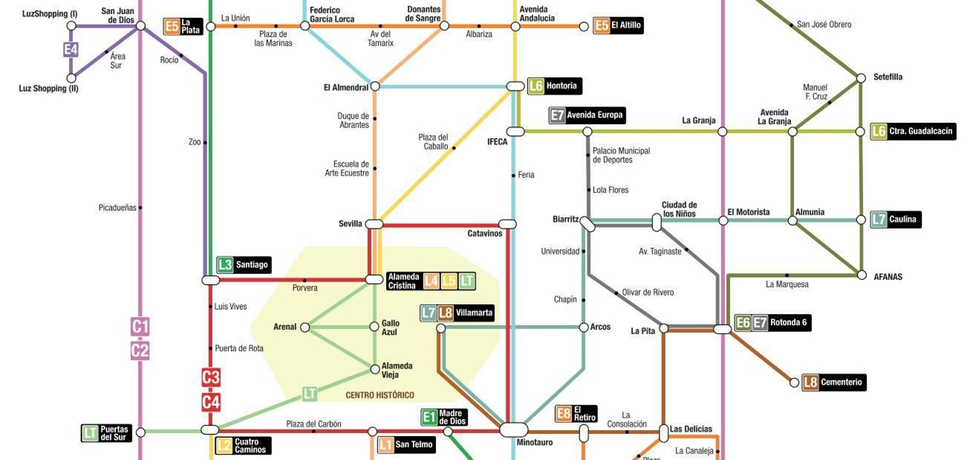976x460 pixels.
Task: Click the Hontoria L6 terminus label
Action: [x=554, y=86]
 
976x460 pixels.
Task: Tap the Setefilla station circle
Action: [x=861, y=78]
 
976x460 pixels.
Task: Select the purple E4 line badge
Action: [x=71, y=49]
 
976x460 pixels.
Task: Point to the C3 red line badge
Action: [x=210, y=377]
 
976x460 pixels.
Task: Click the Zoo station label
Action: [x=194, y=142]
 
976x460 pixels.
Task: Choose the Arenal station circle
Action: [x=305, y=327]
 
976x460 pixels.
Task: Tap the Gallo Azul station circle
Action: [x=375, y=327]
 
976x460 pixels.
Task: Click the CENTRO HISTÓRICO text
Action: [x=379, y=395]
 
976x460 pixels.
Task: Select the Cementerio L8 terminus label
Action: [x=834, y=382]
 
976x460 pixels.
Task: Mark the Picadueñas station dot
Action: [x=140, y=208]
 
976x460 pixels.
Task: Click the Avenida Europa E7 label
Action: [x=587, y=115]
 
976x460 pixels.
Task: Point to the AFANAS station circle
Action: [x=861, y=276]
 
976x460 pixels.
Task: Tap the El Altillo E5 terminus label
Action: [x=618, y=26]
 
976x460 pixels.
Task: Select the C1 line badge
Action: [x=140, y=327]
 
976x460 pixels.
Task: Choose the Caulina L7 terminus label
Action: [x=895, y=219]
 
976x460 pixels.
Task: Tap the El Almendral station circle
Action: [x=375, y=87]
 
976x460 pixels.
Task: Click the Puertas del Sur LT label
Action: [x=107, y=433]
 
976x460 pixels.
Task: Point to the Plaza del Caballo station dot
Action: [x=453, y=148]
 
